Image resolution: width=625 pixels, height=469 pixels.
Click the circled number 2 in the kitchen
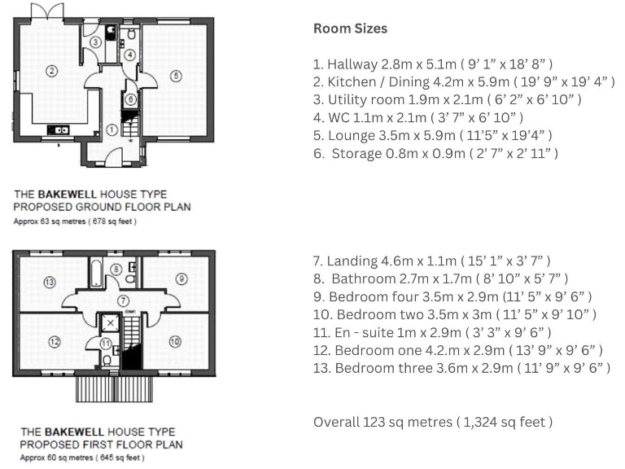pyautogui.click(x=52, y=71)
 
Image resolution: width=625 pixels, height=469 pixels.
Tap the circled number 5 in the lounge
pyautogui.click(x=175, y=76)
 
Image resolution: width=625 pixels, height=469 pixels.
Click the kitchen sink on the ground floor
pyautogui.click(x=59, y=129)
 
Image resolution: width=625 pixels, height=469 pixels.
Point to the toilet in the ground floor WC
pyautogui.click(x=130, y=37)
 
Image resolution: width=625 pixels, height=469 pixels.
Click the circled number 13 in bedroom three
pyautogui.click(x=49, y=282)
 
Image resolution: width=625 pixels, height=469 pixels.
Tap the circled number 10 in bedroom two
pyautogui.click(x=174, y=341)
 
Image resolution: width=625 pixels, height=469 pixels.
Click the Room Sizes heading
pyautogui.click(x=350, y=28)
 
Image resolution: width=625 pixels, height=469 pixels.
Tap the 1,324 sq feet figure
pyautogui.click(x=505, y=422)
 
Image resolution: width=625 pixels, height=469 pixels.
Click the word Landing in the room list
pyautogui.click(x=352, y=261)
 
